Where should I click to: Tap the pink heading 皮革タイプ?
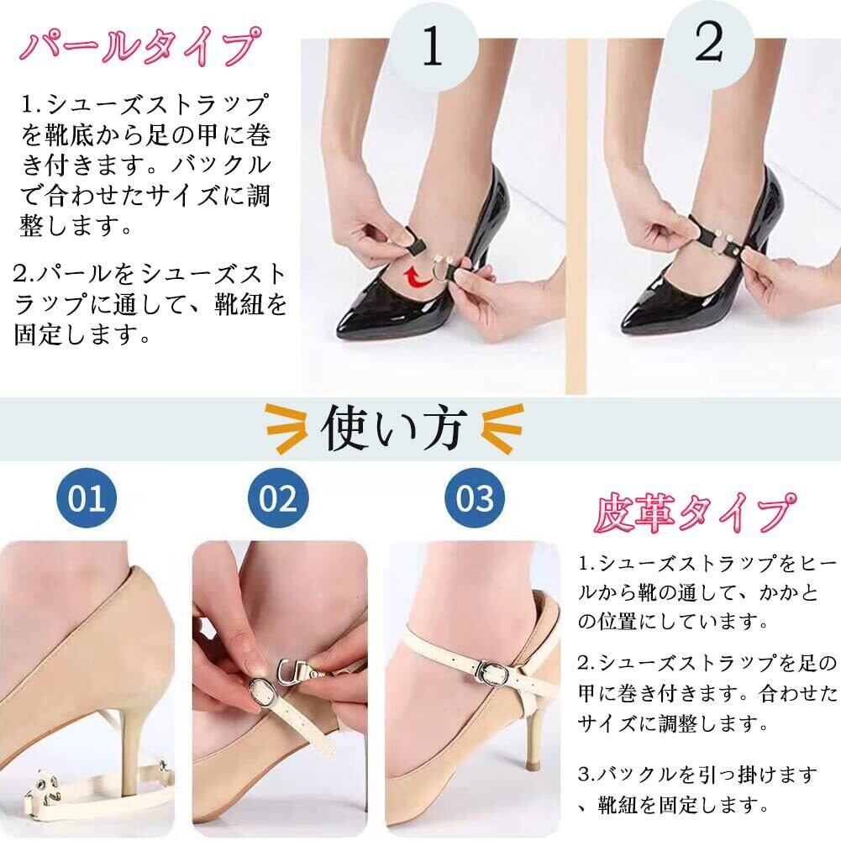pyautogui.click(x=695, y=513)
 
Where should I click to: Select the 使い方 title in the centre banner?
pyautogui.click(x=393, y=428)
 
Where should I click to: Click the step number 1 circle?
pyautogui.click(x=434, y=46)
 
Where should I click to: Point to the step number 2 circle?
pyautogui.click(x=709, y=44)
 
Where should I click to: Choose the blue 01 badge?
pyautogui.click(x=87, y=497)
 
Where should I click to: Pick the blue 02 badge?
pyautogui.click(x=278, y=497)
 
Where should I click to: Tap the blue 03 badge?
pyautogui.click(x=475, y=497)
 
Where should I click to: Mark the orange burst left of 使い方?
pyautogui.click(x=286, y=429)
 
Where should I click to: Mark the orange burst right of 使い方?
pyautogui.click(x=502, y=429)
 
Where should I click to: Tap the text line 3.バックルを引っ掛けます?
pyautogui.click(x=698, y=775)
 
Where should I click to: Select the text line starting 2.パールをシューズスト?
pyautogui.click(x=150, y=275)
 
